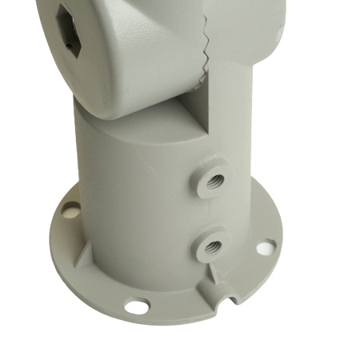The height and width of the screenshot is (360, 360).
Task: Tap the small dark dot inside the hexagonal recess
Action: click(73, 47)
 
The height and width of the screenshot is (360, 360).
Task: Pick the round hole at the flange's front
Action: click(137, 305)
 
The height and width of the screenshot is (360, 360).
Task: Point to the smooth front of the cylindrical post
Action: click(136, 200)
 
